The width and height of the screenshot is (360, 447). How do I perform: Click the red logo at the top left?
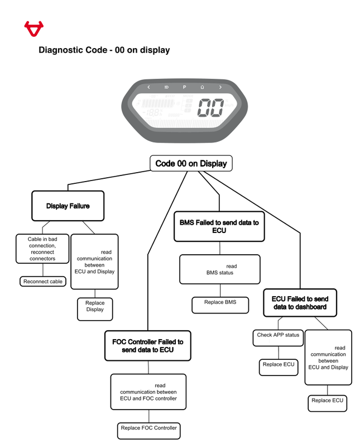pos(33,28)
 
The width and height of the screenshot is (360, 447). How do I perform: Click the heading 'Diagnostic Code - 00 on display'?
pos(104,50)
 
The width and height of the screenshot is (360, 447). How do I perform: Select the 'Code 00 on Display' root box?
pos(191,164)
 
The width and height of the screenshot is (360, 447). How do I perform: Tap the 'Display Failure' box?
pos(68,206)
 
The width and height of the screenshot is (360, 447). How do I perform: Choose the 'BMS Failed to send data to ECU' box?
pos(219,226)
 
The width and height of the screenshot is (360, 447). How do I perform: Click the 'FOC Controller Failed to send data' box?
pos(148,345)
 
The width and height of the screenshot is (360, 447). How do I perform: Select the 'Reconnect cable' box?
pos(43,282)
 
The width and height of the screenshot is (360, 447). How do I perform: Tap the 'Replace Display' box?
pos(95,306)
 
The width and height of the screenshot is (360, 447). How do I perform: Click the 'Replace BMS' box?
pos(220,302)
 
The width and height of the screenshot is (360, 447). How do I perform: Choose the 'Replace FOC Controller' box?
pos(148,428)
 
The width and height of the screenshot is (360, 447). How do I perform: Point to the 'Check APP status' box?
pos(278,335)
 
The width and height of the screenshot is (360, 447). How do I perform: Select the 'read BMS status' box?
pos(219,269)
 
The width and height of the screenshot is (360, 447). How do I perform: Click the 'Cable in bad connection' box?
pos(42,249)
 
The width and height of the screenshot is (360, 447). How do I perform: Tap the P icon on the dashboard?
pos(184,87)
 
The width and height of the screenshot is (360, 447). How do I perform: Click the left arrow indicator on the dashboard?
pos(148,87)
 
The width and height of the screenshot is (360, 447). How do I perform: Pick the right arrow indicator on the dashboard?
pos(220,87)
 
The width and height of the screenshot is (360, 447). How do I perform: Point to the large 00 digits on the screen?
pos(212,108)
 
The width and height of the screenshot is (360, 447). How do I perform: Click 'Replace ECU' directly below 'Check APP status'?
pos(278,365)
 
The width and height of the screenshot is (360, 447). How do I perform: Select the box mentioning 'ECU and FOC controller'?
pos(148,392)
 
